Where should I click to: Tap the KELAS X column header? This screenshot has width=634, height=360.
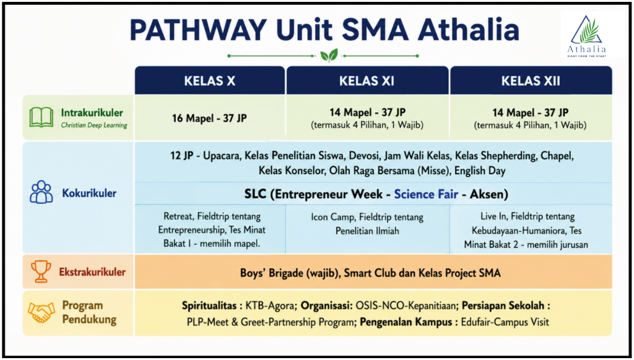210,81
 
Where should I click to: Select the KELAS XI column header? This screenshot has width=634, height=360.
367,81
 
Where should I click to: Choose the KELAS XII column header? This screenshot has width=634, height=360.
531,81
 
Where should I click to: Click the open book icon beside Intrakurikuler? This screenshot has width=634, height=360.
41,117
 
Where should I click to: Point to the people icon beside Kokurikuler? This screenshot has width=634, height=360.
41,192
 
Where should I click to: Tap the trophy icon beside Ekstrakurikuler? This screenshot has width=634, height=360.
41,271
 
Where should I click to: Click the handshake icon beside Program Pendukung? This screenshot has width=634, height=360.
41,312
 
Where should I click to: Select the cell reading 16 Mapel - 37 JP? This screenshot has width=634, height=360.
209,118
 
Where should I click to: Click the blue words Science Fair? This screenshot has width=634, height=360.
426,194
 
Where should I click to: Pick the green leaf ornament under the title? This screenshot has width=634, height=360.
329,55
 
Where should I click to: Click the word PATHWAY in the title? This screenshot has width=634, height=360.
198,30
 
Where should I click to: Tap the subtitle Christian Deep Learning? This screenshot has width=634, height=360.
94,125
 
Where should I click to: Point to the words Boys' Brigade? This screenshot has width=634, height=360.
271,273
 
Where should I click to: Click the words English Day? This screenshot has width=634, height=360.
480,170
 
